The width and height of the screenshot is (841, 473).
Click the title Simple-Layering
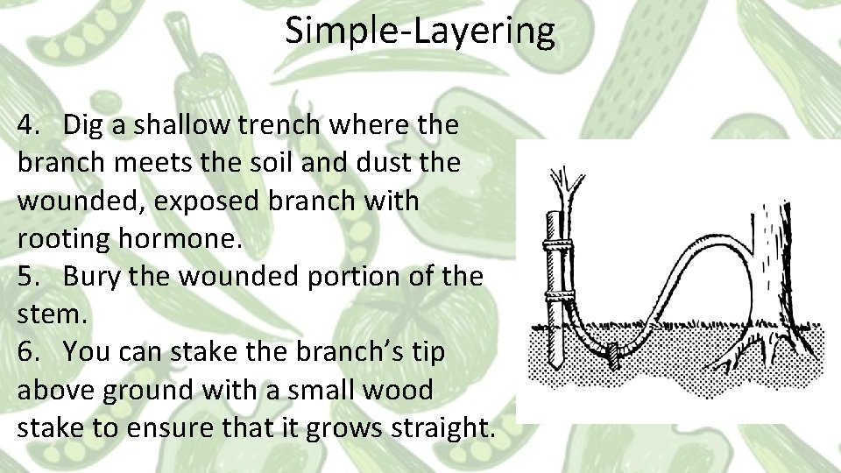[x=420, y=32]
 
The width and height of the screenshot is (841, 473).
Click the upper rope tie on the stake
[x=555, y=244]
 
